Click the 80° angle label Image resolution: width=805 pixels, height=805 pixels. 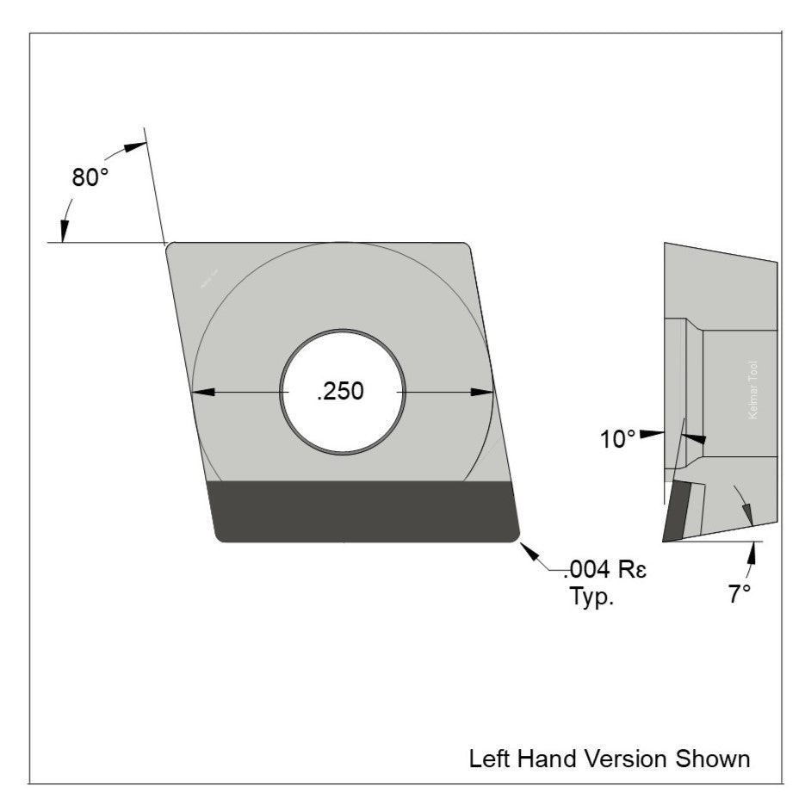click(90, 177)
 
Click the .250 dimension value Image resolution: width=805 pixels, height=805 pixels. click(341, 391)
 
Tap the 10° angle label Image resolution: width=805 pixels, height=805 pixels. click(618, 440)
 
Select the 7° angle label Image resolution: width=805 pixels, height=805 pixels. click(739, 593)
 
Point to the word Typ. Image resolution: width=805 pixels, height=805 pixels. click(591, 597)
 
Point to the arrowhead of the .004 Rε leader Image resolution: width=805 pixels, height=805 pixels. click(529, 548)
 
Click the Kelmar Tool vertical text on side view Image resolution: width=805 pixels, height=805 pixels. click(754, 389)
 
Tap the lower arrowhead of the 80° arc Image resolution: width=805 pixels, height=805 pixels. click(65, 229)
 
